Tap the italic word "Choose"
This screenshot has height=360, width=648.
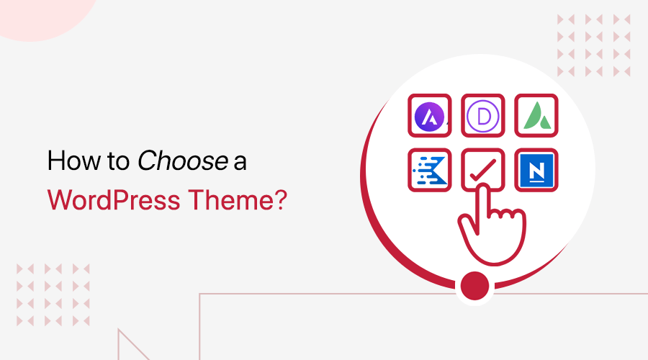182,162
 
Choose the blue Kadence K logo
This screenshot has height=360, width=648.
430,170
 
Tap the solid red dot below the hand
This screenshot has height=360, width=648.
474,284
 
